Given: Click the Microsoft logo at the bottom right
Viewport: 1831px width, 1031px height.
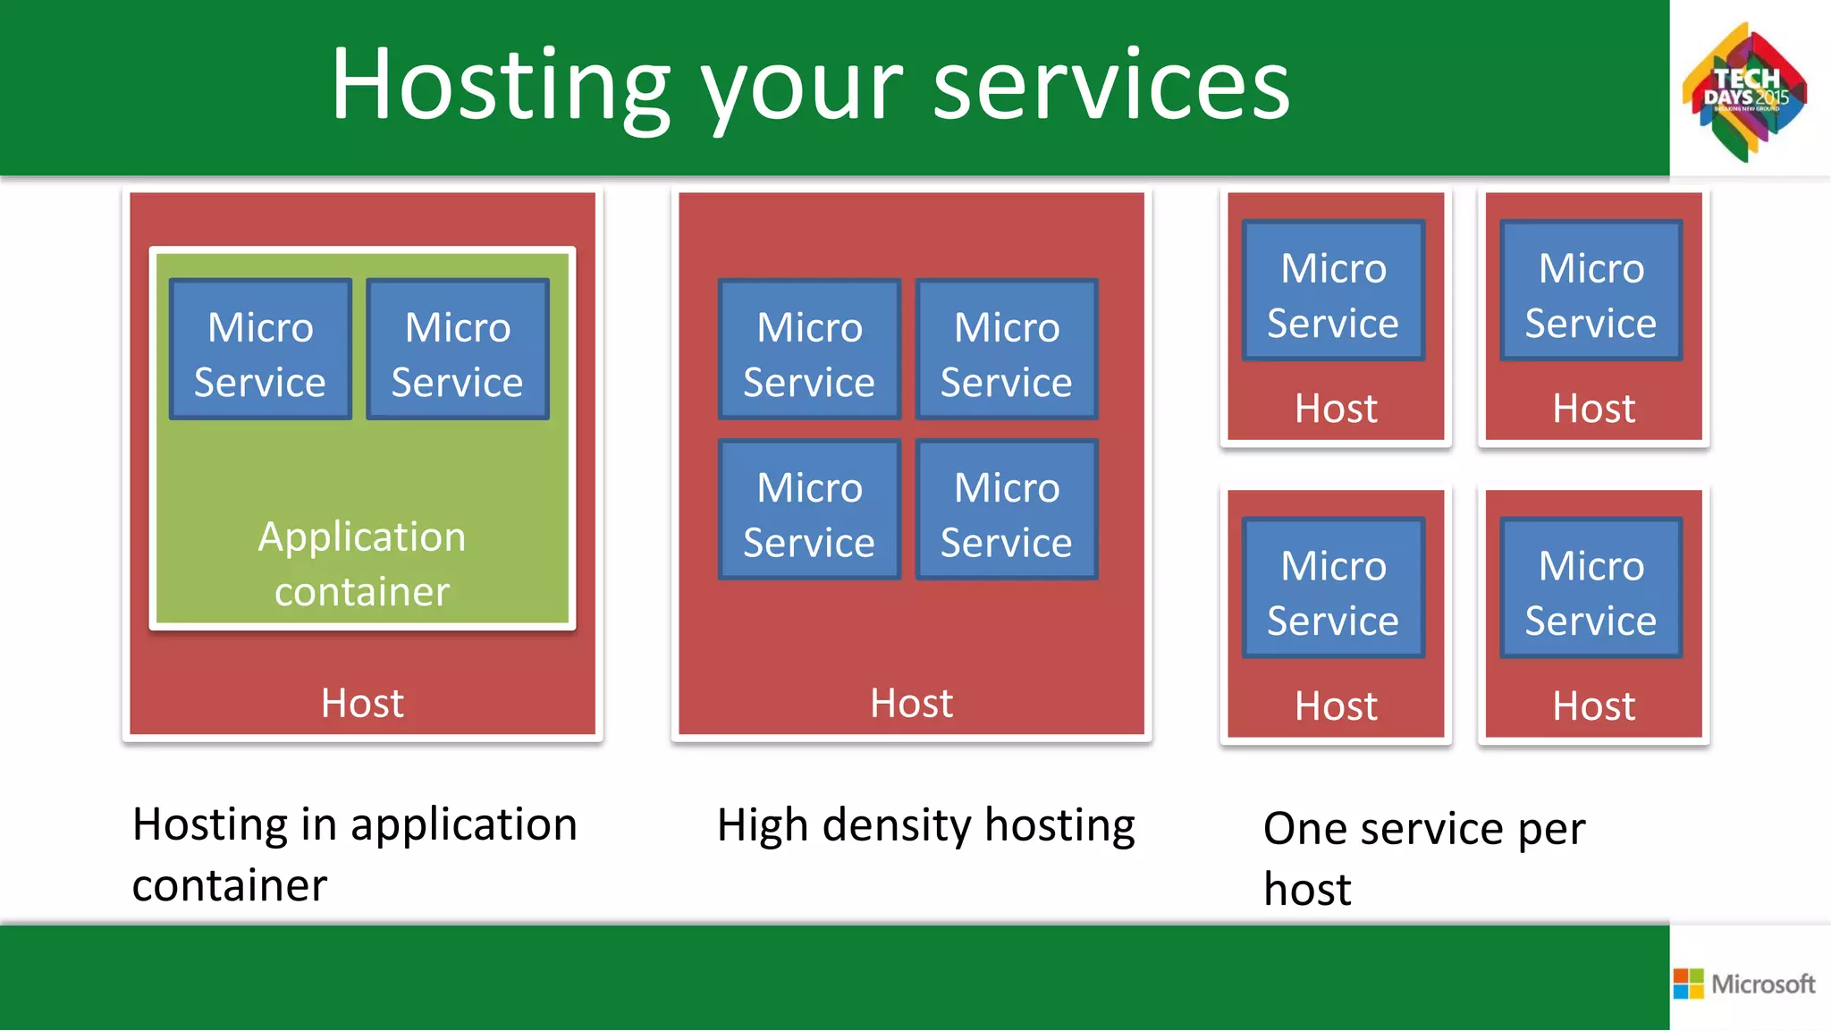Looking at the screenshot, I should pyautogui.click(x=1744, y=984).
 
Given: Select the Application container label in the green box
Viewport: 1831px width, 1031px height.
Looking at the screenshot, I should pyautogui.click(x=362, y=563).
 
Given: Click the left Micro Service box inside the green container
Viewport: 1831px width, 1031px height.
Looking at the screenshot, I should pyautogui.click(x=260, y=350).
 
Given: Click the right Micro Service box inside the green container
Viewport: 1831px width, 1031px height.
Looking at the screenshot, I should pyautogui.click(x=457, y=350).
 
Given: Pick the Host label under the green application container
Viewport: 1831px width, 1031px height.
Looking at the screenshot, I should pyautogui.click(x=362, y=703).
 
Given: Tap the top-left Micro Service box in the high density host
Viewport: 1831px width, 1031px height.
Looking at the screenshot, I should pyautogui.click(x=809, y=350).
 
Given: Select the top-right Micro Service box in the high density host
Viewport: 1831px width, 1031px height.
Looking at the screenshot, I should pyautogui.click(x=1007, y=350).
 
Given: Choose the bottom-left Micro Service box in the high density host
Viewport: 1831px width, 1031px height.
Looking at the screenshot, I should pyautogui.click(x=809, y=510).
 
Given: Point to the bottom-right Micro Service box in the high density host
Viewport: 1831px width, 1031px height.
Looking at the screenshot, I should pyautogui.click(x=1007, y=510).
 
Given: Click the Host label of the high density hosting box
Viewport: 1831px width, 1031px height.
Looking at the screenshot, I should pyautogui.click(x=911, y=703).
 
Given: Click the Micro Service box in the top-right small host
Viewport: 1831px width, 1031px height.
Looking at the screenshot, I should pyautogui.click(x=1591, y=291).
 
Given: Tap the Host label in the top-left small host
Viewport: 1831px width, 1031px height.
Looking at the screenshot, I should pyautogui.click(x=1336, y=409).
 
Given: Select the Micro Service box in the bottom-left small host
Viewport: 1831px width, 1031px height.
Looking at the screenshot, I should pyautogui.click(x=1333, y=588).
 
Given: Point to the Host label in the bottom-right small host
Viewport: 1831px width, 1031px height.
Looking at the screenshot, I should pyautogui.click(x=1593, y=706).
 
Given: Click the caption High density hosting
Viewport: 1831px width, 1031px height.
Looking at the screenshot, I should pyautogui.click(x=925, y=825).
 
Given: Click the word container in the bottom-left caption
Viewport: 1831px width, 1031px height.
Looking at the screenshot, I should pyautogui.click(x=230, y=886).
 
